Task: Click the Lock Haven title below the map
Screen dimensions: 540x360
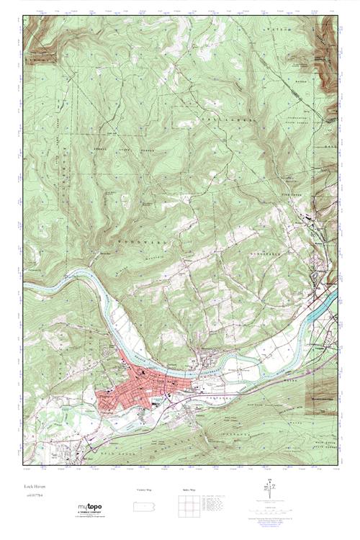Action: [34, 487]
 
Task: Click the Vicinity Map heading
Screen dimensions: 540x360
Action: [145, 490]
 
